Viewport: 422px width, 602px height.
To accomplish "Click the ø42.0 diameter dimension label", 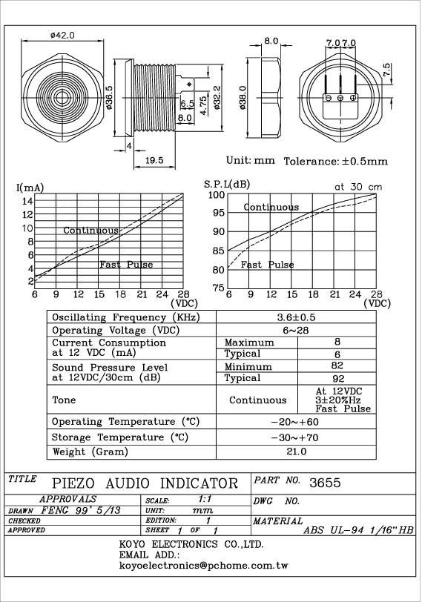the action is (x=62, y=35).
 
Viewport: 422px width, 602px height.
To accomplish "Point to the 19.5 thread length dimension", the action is (x=154, y=160).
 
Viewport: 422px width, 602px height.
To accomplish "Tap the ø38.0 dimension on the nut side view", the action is (x=242, y=98).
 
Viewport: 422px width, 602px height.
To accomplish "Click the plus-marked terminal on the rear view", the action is (x=353, y=98).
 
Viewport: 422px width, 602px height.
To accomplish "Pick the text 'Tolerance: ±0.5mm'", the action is (x=336, y=162).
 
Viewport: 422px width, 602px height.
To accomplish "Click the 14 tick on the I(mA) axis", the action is (x=28, y=201).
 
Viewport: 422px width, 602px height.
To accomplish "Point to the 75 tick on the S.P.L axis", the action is (x=219, y=288).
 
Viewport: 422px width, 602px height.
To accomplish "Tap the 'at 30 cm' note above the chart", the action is (x=358, y=187).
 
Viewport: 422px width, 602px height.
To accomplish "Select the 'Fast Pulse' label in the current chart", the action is (x=126, y=265).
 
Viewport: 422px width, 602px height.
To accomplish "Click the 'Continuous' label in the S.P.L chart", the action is (x=271, y=208).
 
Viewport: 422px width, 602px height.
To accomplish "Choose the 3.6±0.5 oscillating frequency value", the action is (x=296, y=317).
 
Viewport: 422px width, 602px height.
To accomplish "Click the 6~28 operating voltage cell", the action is (x=296, y=330).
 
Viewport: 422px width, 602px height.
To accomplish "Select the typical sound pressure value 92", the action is (x=338, y=379).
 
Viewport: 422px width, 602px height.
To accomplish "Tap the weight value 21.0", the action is (x=297, y=451).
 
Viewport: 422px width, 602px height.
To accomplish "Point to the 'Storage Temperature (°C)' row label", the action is (x=120, y=437).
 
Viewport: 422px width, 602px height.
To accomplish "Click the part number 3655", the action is (x=325, y=483).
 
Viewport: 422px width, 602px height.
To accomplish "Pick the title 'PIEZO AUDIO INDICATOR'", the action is (x=145, y=483).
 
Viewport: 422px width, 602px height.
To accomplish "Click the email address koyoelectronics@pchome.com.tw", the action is (x=203, y=566).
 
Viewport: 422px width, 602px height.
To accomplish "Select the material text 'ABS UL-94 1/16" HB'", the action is (x=358, y=530).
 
